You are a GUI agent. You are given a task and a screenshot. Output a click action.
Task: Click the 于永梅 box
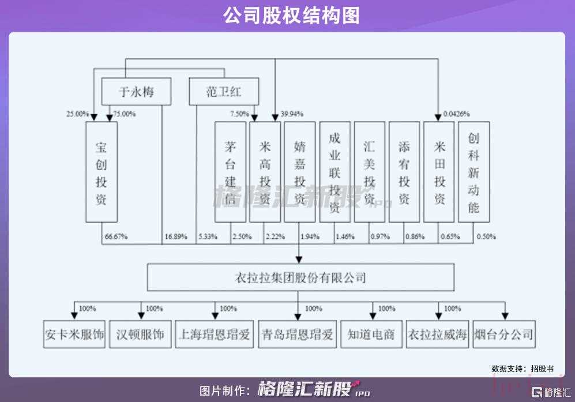pos(137,92)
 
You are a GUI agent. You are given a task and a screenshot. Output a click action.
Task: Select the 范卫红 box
pos(224,92)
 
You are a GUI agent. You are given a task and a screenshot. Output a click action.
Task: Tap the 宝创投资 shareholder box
pos(102,172)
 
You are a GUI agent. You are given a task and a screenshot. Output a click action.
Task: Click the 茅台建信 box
pos(230,172)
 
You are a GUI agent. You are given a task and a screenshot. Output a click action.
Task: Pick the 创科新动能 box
pos(474,172)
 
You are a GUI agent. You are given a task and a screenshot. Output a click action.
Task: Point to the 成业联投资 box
pos(335,172)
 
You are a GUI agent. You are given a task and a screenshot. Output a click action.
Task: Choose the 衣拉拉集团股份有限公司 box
pos(300,277)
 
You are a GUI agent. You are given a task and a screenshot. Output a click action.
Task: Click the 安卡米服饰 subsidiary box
pos(74,334)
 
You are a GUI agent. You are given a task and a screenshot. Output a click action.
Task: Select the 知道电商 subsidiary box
pos(371,334)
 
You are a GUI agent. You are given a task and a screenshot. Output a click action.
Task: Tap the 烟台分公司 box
pos(504,334)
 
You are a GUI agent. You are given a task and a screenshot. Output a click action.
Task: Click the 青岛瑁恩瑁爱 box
pos(298,334)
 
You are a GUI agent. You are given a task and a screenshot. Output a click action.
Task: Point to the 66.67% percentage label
pos(116,236)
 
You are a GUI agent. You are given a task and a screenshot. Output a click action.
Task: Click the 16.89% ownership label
pos(176,236)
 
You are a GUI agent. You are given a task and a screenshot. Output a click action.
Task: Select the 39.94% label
pos(292,114)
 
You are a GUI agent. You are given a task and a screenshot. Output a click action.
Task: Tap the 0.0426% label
pos(457,114)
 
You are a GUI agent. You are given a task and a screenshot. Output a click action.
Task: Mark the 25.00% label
pos(77,114)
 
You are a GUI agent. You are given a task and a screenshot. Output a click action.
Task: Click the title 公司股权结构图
pos(291,16)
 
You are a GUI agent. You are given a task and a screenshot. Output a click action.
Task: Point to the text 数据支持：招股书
pos(523,369)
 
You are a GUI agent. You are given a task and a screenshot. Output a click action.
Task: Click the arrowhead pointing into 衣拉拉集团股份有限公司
pos(299,260)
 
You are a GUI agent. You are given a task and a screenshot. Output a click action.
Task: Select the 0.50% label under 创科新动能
pos(486,236)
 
